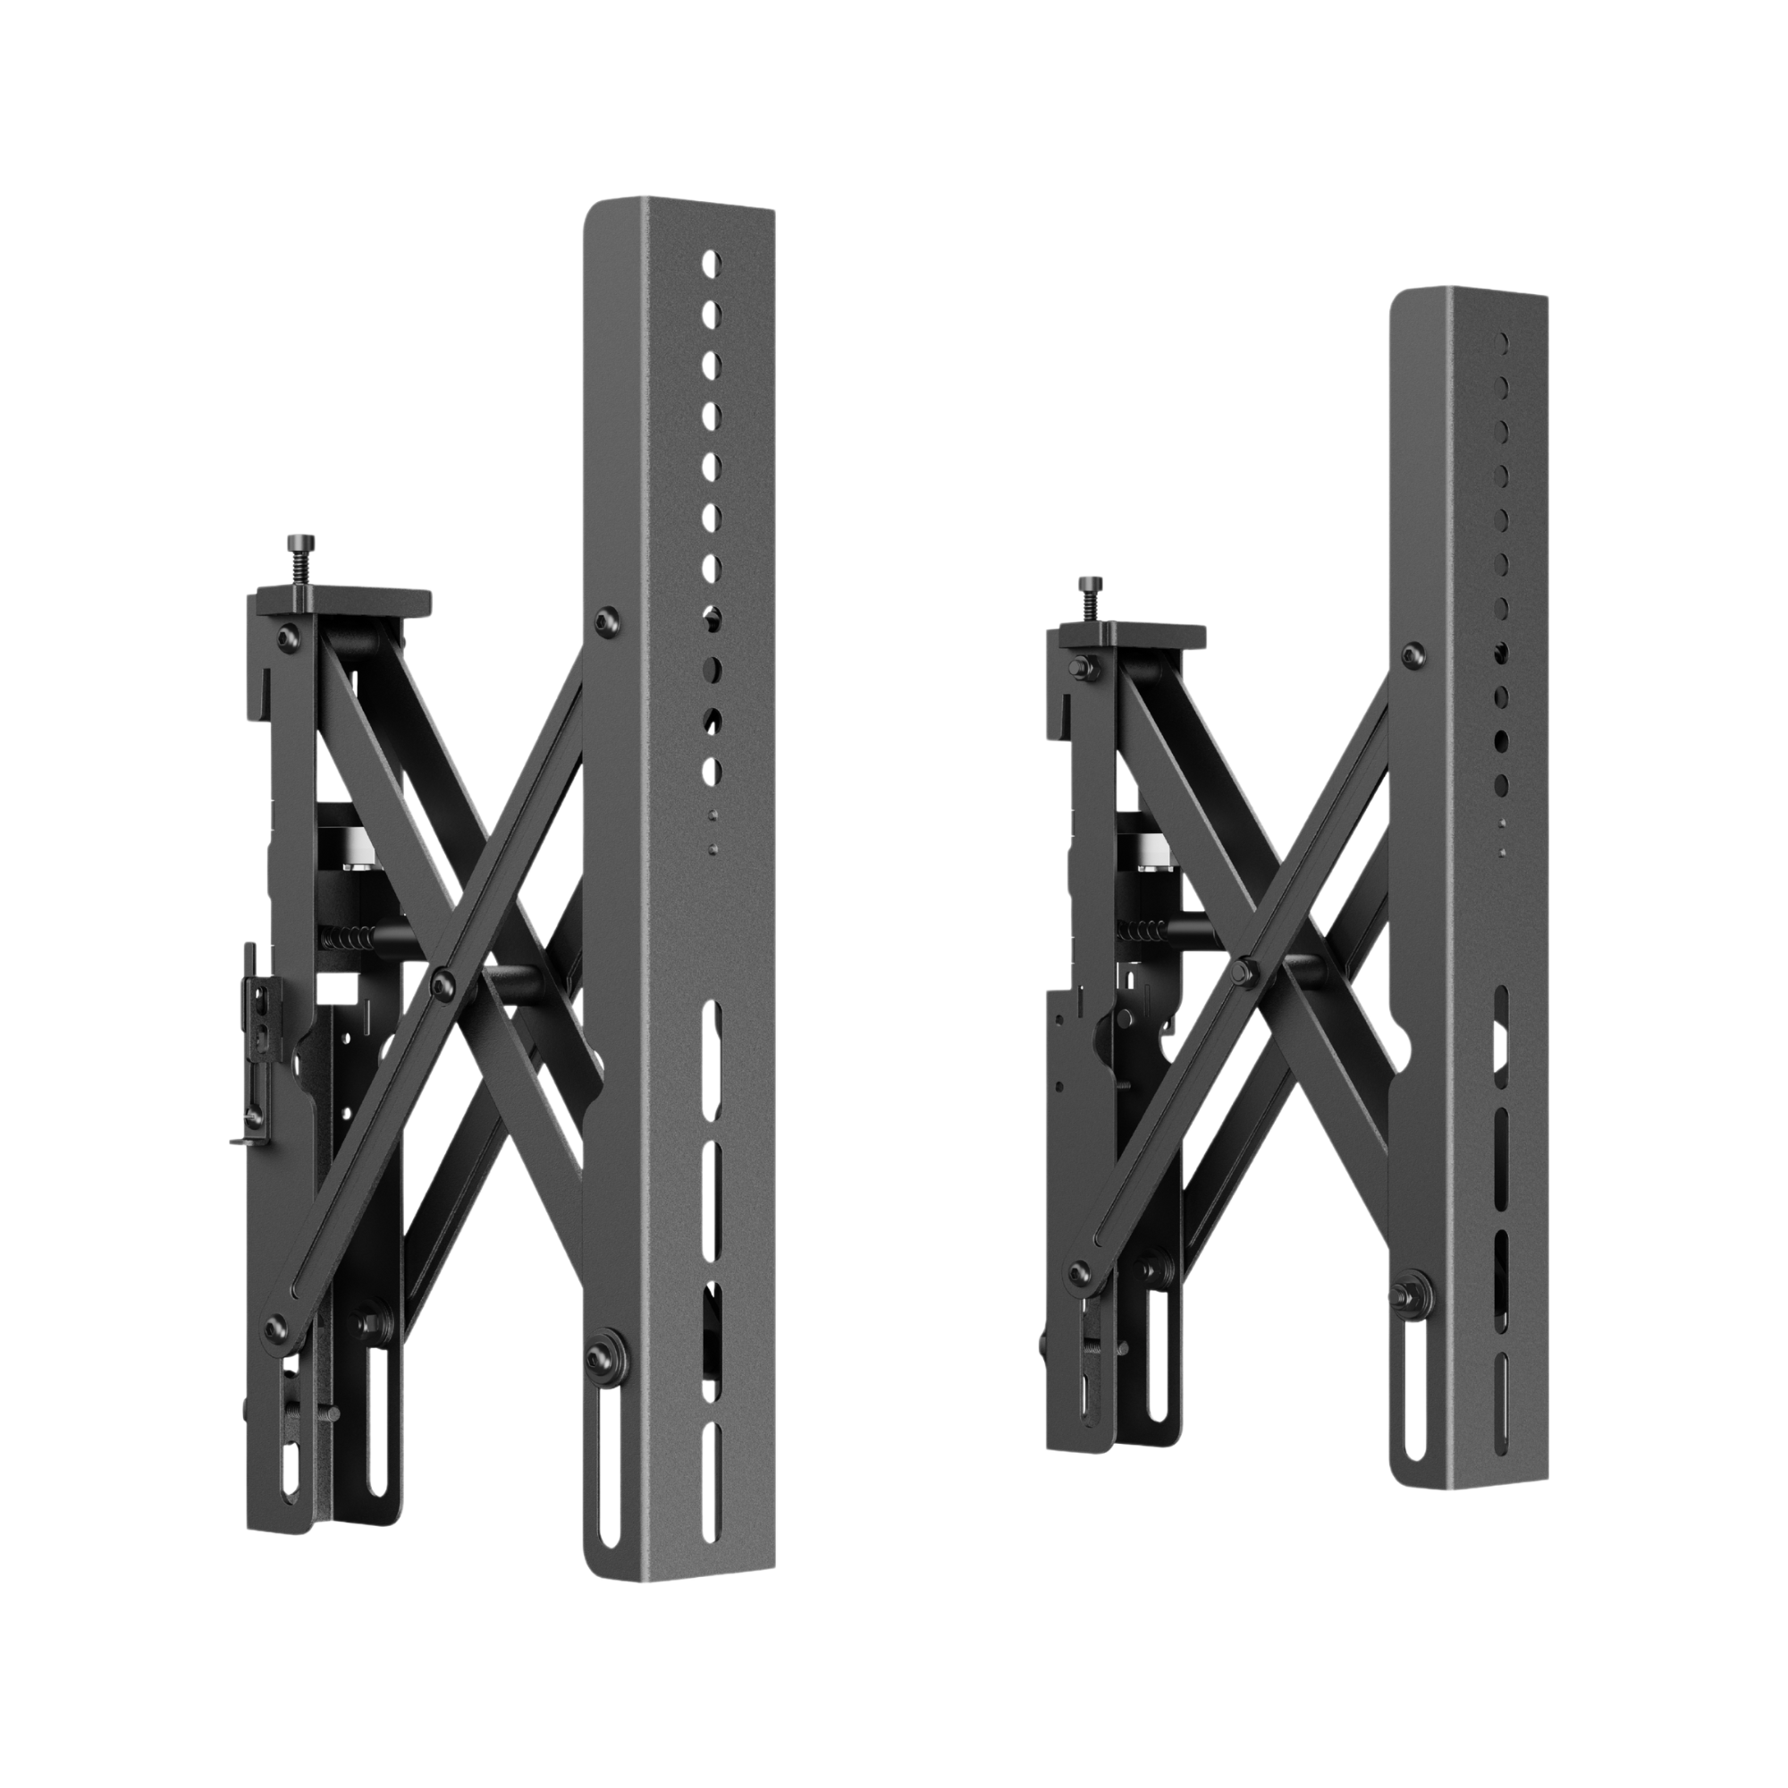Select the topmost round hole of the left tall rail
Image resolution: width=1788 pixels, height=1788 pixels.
click(712, 264)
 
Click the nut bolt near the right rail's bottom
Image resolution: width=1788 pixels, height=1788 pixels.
click(1415, 1292)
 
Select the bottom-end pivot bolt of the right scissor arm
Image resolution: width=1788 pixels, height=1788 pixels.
click(1078, 1272)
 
